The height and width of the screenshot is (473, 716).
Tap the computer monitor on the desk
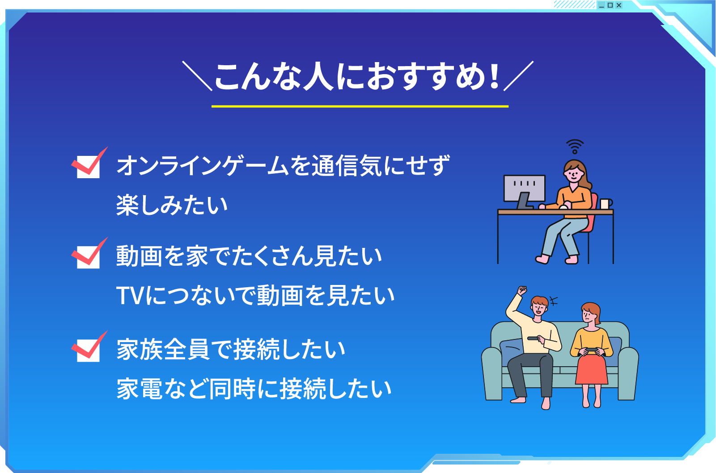pos(524,188)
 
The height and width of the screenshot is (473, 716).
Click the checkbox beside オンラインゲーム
pos(88,166)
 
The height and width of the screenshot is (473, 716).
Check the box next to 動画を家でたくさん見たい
pos(88,256)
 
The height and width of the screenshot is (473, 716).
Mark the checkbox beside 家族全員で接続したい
pos(88,350)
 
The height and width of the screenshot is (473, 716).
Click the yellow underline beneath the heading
pos(360,106)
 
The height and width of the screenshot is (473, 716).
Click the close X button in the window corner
pos(619,5)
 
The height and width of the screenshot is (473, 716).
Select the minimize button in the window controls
pos(602,5)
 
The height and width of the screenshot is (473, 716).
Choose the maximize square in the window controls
pos(610,5)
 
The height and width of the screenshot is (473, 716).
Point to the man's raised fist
pos(521,290)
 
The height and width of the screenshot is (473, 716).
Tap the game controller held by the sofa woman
pos(591,351)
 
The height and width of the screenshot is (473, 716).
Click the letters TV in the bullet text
pos(130,296)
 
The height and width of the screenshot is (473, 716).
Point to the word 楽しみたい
pos(172,205)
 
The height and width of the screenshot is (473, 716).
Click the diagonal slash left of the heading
pos(197,76)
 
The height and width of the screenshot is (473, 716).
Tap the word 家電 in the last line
pos(139,389)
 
